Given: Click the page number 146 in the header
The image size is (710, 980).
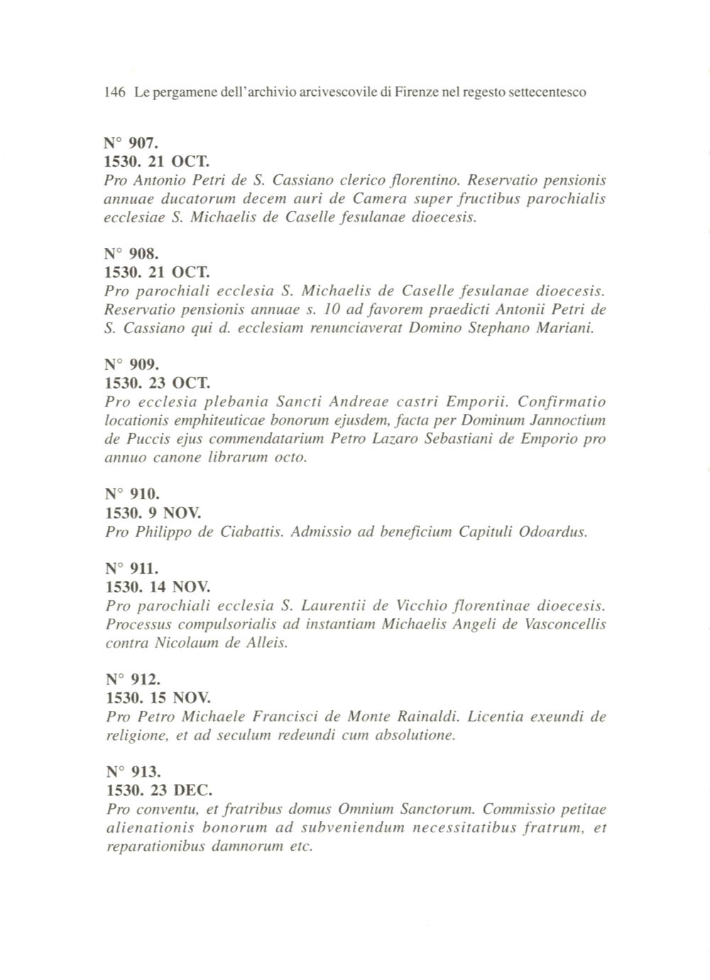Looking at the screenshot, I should tap(114, 92).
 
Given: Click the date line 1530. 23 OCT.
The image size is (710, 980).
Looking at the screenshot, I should tap(157, 383).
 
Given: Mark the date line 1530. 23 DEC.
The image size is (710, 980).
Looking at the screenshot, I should tap(159, 790).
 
